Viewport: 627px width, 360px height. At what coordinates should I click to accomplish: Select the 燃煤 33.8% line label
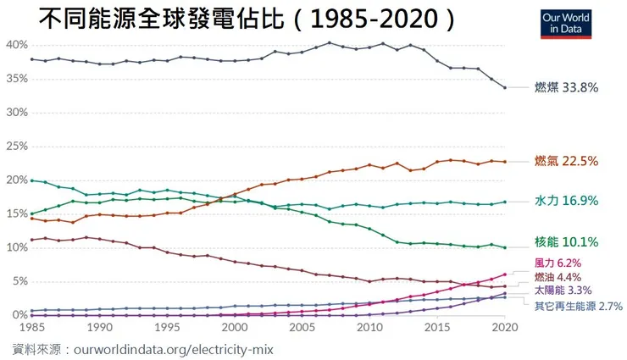point(567,86)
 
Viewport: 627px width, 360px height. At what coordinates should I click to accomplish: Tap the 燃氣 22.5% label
point(566,161)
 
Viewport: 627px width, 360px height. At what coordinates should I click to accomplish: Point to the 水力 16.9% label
point(566,201)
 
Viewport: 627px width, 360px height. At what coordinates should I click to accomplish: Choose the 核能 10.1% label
point(566,241)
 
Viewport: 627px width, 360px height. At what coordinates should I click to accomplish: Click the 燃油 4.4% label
point(558,277)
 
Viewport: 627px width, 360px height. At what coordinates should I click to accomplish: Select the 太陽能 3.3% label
point(563,290)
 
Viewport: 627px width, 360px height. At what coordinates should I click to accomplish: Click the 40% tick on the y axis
point(16,45)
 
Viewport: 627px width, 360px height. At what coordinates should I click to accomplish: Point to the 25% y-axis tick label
point(16,146)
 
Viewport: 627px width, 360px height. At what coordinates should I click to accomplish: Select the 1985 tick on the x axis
point(31,327)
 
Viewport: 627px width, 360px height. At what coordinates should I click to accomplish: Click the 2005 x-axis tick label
point(301,327)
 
